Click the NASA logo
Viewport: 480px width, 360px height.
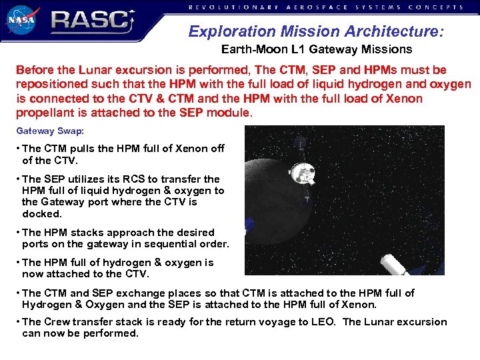point(23,19)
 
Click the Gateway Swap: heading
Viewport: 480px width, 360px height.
point(45,131)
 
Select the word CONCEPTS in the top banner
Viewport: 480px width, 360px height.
point(437,7)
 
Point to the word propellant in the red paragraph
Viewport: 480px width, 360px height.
point(43,113)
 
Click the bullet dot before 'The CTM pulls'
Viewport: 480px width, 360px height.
point(19,149)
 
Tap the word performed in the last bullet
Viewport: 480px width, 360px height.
point(113,333)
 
